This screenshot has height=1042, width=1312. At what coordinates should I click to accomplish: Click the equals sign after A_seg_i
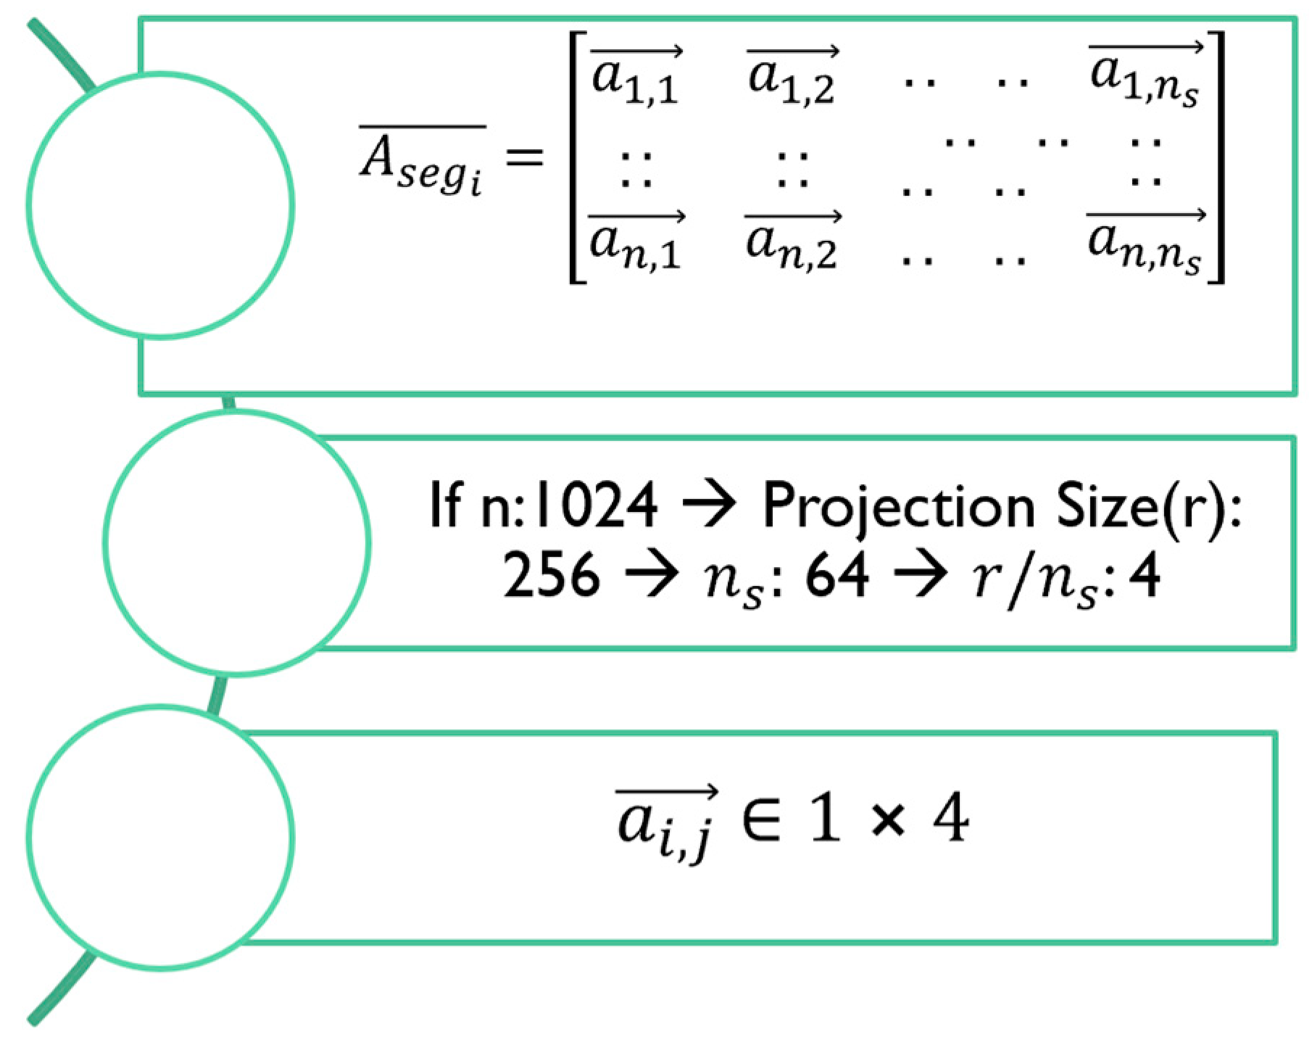coord(523,156)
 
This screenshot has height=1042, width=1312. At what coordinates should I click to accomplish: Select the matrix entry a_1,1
coord(635,77)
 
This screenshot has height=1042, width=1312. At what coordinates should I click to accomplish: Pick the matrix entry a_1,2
coord(792,77)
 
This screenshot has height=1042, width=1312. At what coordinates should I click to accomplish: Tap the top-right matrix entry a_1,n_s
coord(1145,77)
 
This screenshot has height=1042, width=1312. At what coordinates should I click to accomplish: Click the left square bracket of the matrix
coord(576,157)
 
